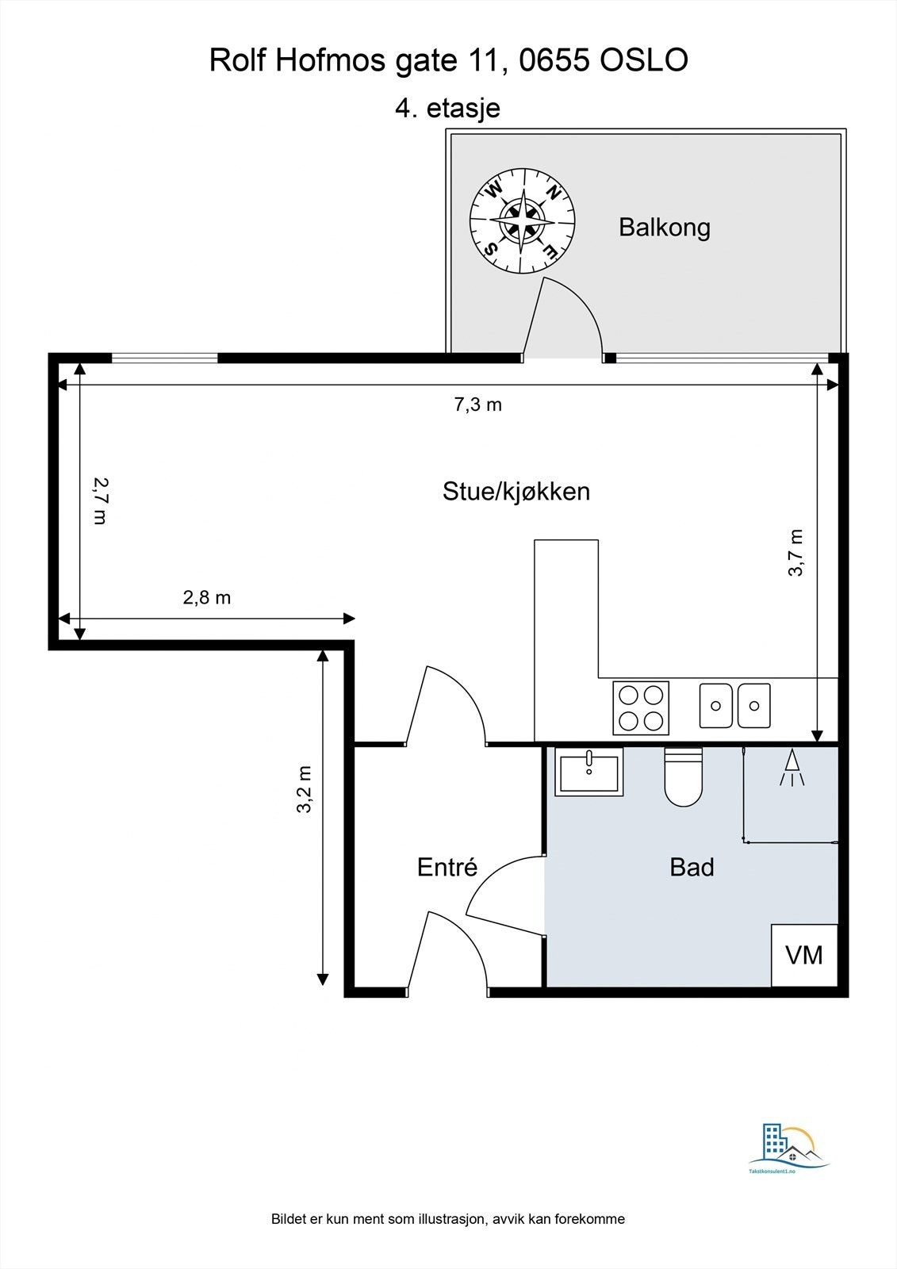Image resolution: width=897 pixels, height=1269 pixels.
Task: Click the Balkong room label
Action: pyautogui.click(x=664, y=228)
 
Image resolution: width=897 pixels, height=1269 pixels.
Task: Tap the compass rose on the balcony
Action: pyautogui.click(x=523, y=221)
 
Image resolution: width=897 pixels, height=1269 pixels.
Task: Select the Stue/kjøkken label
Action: pyautogui.click(x=516, y=492)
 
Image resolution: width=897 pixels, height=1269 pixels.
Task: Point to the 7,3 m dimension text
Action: pyautogui.click(x=478, y=405)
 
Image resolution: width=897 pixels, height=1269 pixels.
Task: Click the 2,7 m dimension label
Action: pyautogui.click(x=101, y=501)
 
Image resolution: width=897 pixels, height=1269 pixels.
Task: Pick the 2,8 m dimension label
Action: pyautogui.click(x=207, y=598)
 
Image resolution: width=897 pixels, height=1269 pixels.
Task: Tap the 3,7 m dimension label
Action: pyautogui.click(x=795, y=553)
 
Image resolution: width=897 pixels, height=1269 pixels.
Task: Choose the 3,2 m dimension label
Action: pyautogui.click(x=305, y=789)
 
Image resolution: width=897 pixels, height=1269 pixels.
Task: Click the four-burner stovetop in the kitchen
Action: pyautogui.click(x=641, y=708)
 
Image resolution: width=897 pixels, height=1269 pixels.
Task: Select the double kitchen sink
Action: pyautogui.click(x=735, y=705)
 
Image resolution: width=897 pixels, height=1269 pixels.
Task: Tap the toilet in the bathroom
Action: pyautogui.click(x=684, y=776)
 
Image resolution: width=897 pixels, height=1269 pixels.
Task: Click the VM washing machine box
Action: pyautogui.click(x=804, y=956)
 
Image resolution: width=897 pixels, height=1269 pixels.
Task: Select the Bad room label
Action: pyautogui.click(x=692, y=868)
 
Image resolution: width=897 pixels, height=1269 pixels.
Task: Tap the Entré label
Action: pyautogui.click(x=447, y=868)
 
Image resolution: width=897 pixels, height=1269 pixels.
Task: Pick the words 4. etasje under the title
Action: pyautogui.click(x=447, y=108)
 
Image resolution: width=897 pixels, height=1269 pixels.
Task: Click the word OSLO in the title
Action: pyautogui.click(x=644, y=60)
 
